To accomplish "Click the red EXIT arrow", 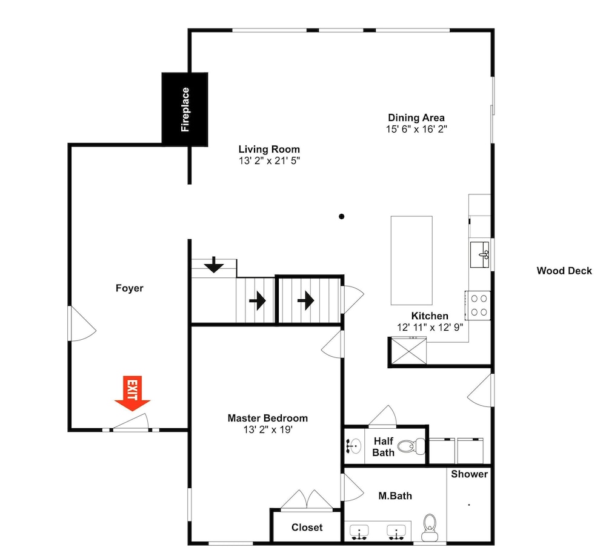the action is (132, 392).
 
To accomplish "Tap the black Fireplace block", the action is (185, 110).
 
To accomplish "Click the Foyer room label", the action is (130, 288).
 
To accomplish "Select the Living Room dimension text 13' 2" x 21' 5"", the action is (270, 161).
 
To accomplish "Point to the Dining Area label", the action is (416, 118).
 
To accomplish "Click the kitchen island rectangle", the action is (411, 260).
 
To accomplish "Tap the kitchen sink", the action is (479, 254).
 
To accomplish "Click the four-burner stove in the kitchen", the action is (478, 305).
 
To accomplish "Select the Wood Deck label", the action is (564, 271).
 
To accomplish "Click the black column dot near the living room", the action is (342, 216).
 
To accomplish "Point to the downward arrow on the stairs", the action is (214, 265).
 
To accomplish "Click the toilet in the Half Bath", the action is (411, 446).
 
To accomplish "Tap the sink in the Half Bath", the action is (353, 446).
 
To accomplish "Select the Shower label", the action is (469, 474).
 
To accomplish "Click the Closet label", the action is (307, 528).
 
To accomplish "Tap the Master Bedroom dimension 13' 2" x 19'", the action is (268, 429).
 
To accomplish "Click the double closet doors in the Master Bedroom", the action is (307, 500).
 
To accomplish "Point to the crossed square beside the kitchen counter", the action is (409, 351).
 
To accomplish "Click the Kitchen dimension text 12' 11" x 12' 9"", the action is (430, 327).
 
